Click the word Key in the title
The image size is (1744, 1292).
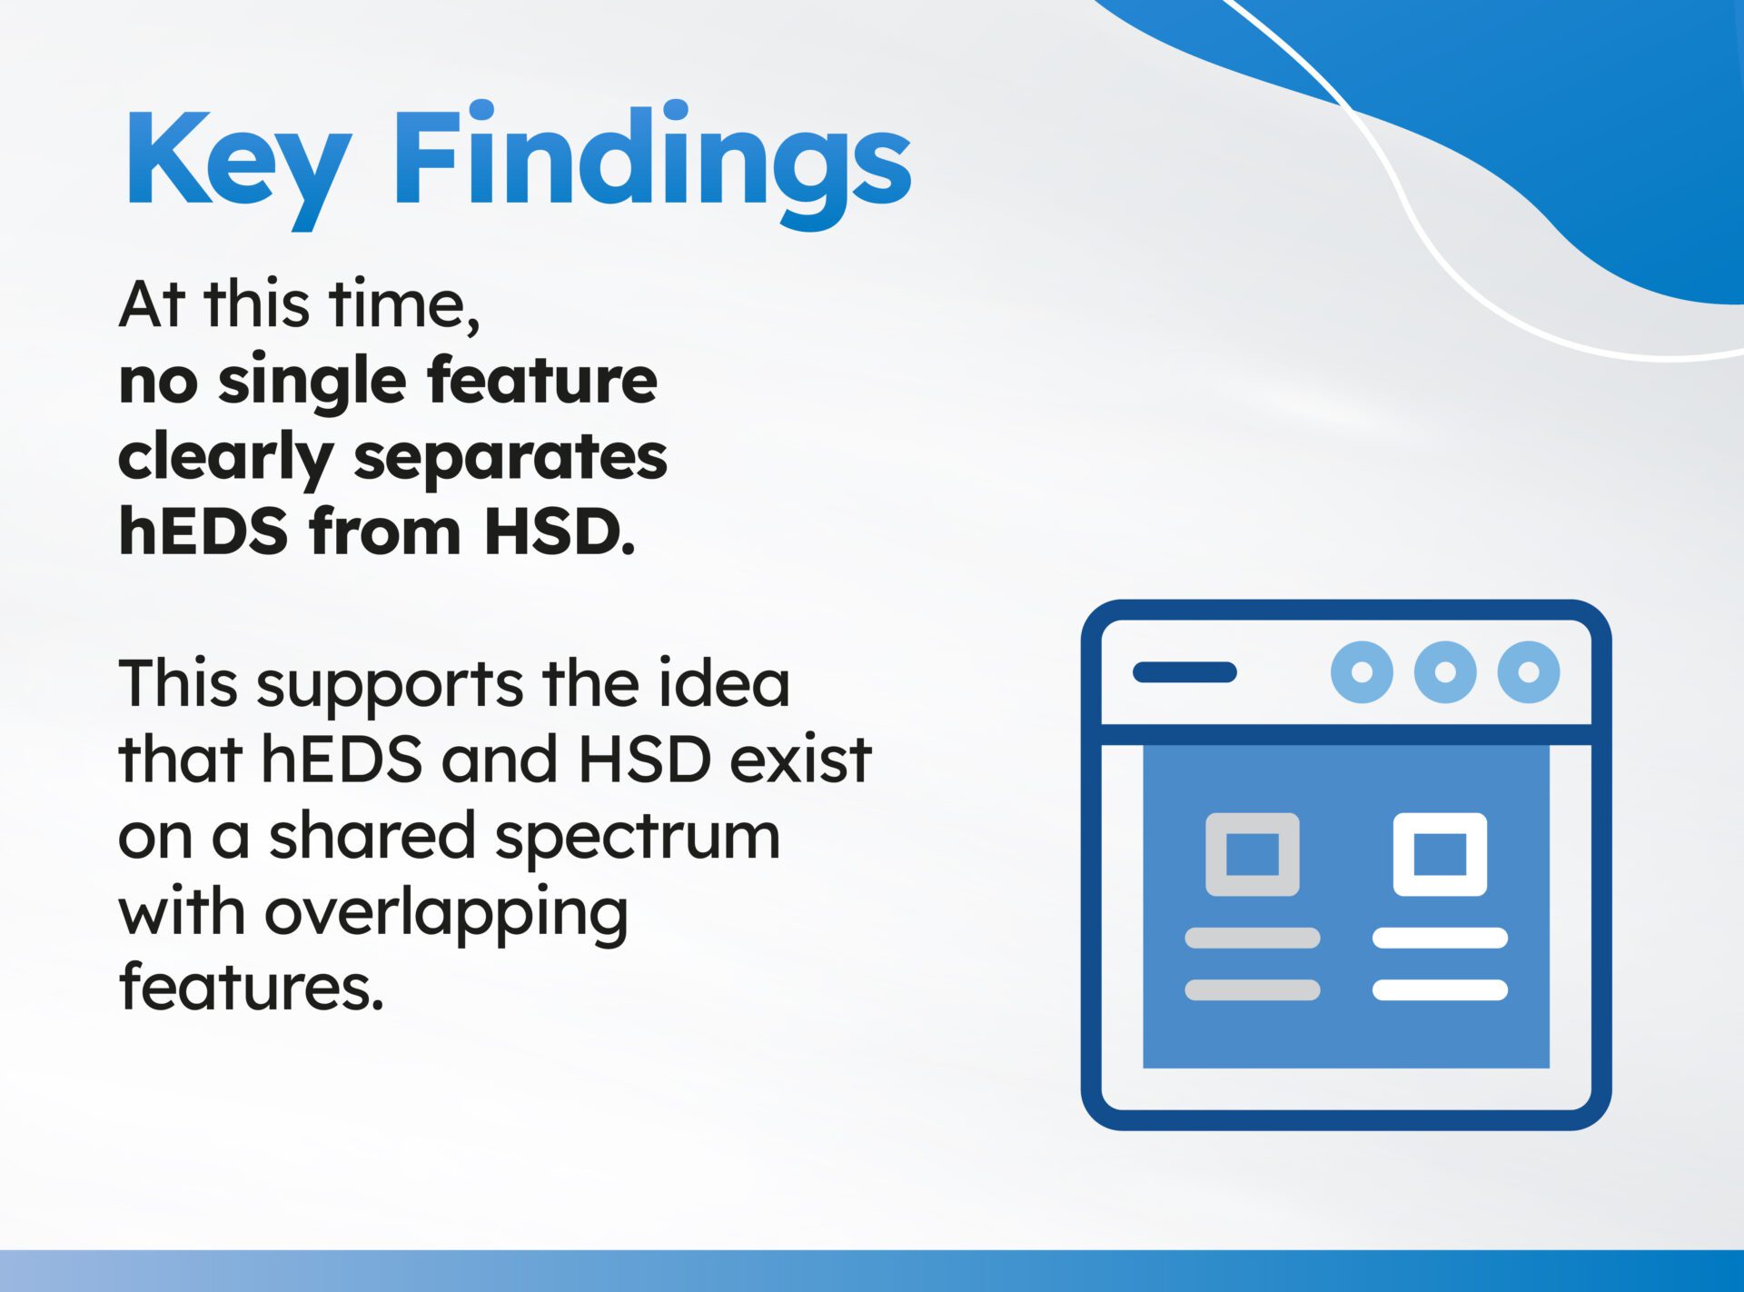(x=238, y=162)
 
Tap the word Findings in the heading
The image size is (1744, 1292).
(x=651, y=162)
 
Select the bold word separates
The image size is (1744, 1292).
(x=510, y=456)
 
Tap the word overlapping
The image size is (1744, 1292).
(x=446, y=914)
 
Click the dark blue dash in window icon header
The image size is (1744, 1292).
(x=1184, y=672)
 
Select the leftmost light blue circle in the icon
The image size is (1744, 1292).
(x=1362, y=672)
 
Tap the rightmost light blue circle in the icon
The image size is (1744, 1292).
(x=1529, y=672)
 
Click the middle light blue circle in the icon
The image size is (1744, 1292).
(x=1445, y=672)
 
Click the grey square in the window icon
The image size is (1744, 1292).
(x=1252, y=854)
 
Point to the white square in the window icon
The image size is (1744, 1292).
(x=1440, y=854)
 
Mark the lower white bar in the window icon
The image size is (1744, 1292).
(x=1440, y=989)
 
